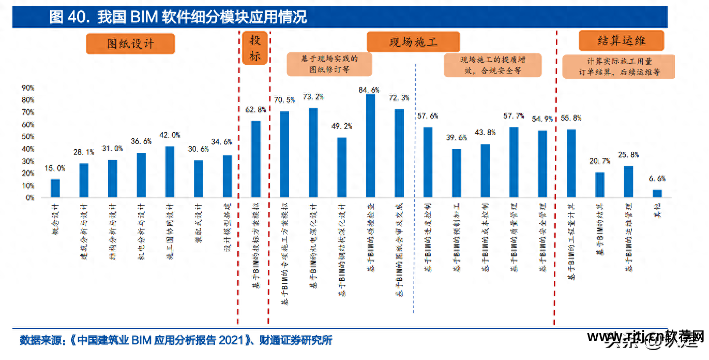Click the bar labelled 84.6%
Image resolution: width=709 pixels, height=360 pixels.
click(x=370, y=146)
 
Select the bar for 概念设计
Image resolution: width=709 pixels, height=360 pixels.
click(x=55, y=188)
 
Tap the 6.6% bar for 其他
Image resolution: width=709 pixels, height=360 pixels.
click(x=657, y=193)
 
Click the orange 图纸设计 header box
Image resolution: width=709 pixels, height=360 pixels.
click(x=130, y=44)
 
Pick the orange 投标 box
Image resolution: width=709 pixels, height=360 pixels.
click(x=255, y=48)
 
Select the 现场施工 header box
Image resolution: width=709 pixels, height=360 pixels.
click(x=413, y=42)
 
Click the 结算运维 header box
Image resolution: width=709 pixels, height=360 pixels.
click(x=621, y=40)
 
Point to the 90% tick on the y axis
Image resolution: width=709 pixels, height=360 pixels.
click(x=28, y=88)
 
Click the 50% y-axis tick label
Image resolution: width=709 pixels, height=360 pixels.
click(x=28, y=137)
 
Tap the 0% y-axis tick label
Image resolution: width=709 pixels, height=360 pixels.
click(x=29, y=198)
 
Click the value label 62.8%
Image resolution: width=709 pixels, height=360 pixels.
click(x=255, y=109)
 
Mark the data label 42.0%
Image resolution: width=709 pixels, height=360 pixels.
click(x=169, y=135)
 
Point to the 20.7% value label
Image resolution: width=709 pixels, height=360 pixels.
click(x=600, y=161)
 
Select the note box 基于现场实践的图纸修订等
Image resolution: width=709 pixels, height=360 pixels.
click(x=329, y=64)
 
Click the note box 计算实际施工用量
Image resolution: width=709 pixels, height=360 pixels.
click(x=619, y=67)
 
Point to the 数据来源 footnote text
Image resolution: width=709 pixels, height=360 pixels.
click(x=176, y=340)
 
